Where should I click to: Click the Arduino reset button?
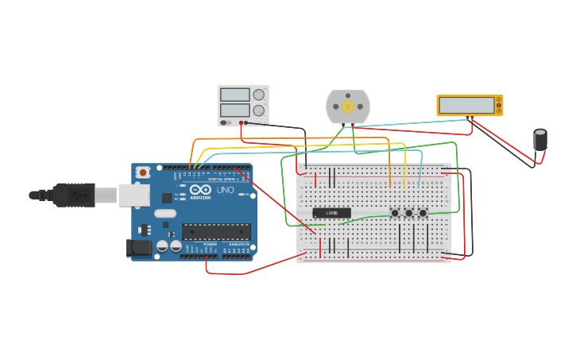click(143, 172)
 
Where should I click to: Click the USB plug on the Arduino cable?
click(75, 195)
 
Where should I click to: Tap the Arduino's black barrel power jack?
click(140, 248)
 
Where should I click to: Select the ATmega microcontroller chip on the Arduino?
click(216, 231)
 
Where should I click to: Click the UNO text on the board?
click(225, 190)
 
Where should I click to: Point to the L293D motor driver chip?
click(331, 212)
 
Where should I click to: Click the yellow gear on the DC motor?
click(348, 106)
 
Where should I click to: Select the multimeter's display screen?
click(466, 105)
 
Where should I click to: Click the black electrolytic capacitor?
click(540, 140)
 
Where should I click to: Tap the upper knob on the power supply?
click(259, 95)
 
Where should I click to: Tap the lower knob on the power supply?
click(259, 110)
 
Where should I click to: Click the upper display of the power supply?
click(235, 95)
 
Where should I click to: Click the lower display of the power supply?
click(235, 110)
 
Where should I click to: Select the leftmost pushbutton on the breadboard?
click(395, 213)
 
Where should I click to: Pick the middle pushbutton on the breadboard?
click(409, 213)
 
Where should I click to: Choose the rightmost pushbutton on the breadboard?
click(423, 213)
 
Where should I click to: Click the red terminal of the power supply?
click(245, 122)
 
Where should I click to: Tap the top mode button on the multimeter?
click(499, 99)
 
